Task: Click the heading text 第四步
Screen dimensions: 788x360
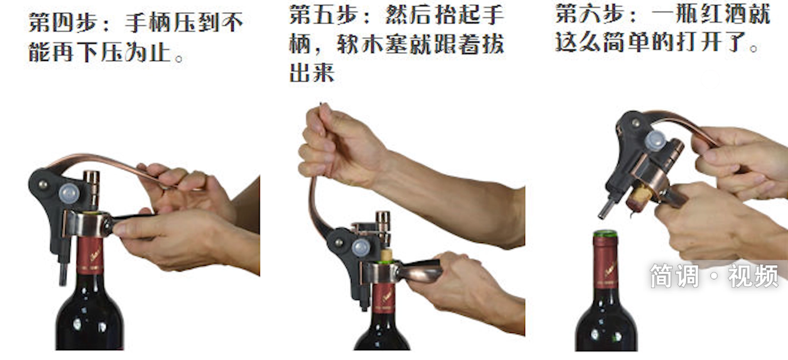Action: (63, 23)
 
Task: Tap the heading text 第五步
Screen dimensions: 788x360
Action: (324, 15)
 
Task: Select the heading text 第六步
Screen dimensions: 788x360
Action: (590, 14)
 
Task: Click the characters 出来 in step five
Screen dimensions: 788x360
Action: (312, 73)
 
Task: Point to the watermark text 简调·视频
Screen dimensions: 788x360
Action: (714, 275)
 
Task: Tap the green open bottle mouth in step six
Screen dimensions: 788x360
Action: (605, 233)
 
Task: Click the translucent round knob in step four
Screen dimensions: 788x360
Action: (70, 193)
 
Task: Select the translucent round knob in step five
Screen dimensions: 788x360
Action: (361, 248)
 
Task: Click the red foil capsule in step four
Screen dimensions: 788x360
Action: (90, 255)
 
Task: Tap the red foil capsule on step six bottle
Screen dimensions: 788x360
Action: (605, 262)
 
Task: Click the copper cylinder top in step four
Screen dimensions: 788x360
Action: (91, 188)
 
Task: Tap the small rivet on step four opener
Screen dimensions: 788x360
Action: (43, 184)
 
